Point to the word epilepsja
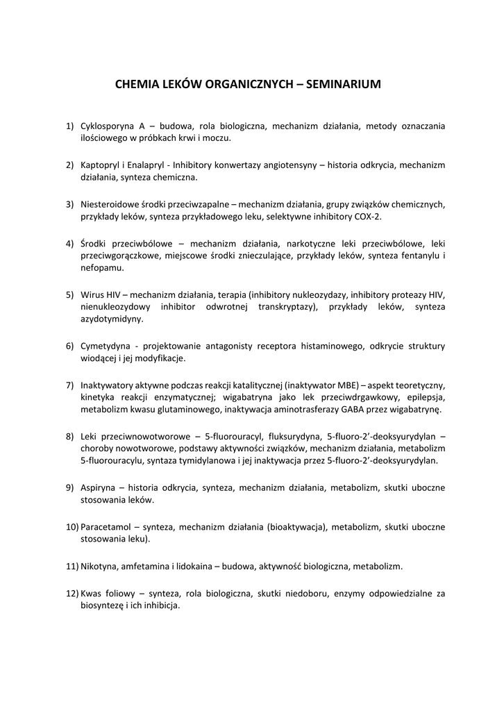point(423,397)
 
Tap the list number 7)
point(70,385)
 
